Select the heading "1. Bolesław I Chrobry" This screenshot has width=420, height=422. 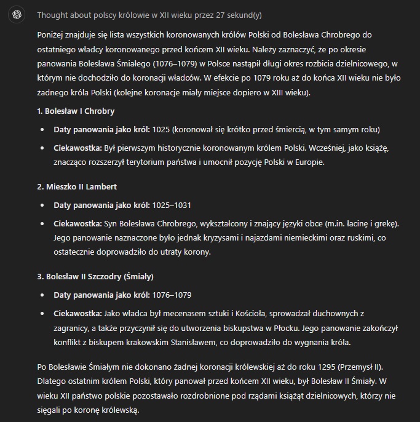point(76,111)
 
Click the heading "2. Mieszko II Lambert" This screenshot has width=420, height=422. point(77,186)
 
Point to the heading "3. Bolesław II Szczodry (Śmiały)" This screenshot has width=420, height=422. point(95,276)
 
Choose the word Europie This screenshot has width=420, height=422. point(308,162)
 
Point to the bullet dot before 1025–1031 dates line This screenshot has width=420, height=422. point(42,205)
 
